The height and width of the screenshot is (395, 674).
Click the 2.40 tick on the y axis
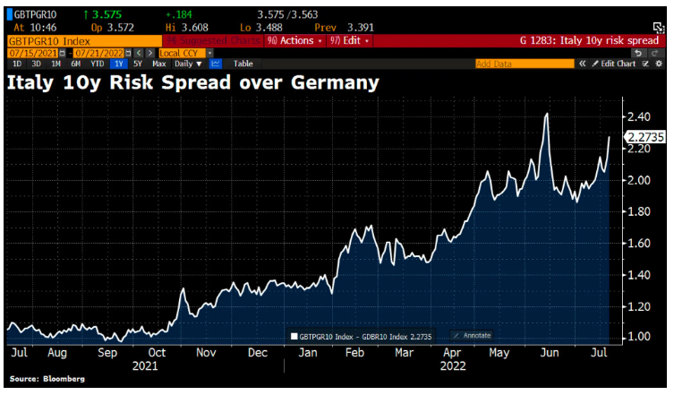638,117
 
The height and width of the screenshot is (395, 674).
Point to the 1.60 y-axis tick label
638,243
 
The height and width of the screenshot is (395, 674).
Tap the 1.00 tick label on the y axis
638,337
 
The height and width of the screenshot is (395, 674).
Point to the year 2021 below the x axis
144,365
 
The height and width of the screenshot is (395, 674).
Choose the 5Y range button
137,64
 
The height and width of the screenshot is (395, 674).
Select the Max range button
159,64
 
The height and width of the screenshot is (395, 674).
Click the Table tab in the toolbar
243,64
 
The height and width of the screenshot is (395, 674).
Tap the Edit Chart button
619,64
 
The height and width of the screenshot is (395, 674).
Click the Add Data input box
524,64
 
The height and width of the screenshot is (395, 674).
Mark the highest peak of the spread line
546,114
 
